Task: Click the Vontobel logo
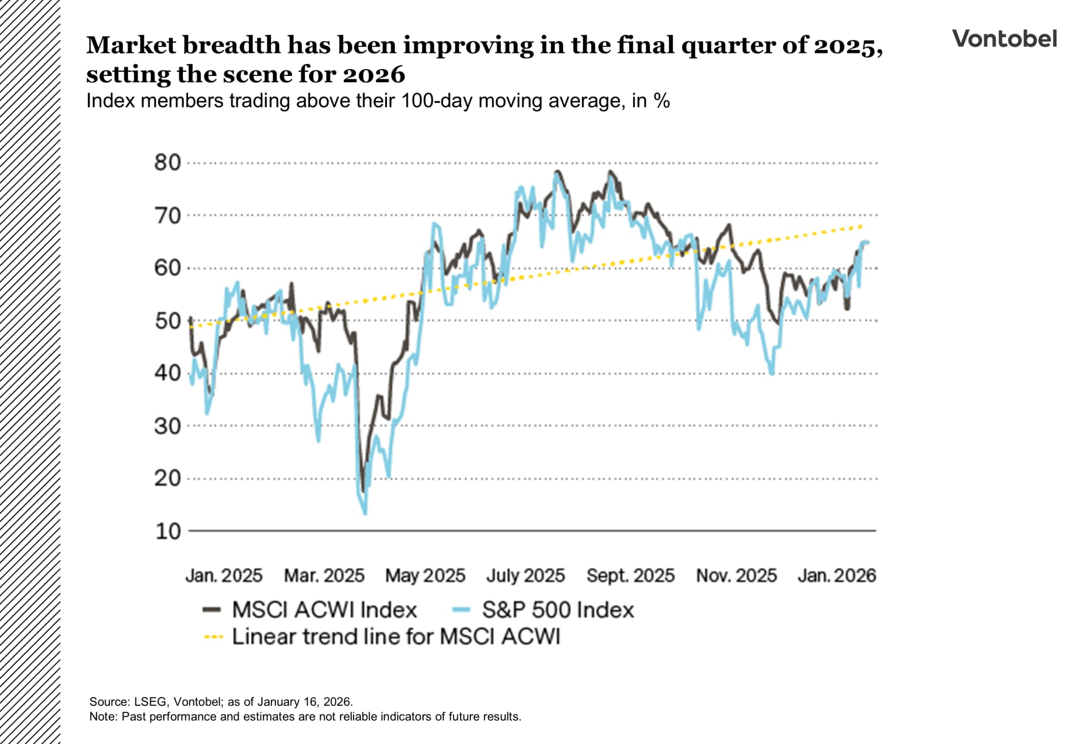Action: (x=1004, y=39)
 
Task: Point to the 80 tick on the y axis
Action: (x=167, y=163)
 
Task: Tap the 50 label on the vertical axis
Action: (x=167, y=321)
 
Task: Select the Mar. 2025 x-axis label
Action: (x=324, y=576)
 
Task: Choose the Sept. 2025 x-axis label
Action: (x=630, y=576)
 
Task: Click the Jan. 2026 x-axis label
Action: (x=836, y=576)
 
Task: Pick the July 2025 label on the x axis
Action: (x=525, y=576)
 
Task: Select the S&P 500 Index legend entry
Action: (x=543, y=610)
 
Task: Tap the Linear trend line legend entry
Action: (x=381, y=637)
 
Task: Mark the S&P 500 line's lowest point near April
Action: (x=365, y=513)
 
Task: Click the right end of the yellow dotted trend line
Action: (x=861, y=226)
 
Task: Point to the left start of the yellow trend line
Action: (x=191, y=327)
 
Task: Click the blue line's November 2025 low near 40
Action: (x=772, y=373)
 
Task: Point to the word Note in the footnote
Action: (x=103, y=717)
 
